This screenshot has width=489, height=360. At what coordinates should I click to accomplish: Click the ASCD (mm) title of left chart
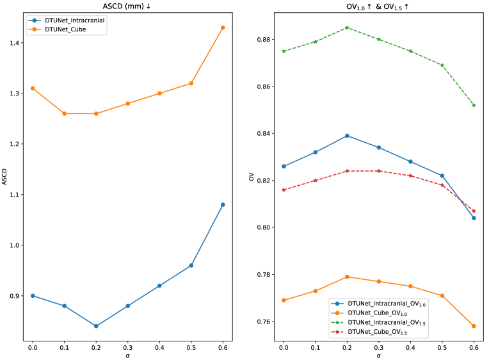tap(127, 6)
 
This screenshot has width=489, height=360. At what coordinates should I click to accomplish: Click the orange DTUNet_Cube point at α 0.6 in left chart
tap(223, 28)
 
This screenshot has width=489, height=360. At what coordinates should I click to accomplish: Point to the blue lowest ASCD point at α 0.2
tap(96, 326)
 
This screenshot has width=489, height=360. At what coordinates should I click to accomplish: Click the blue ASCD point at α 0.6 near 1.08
tap(223, 204)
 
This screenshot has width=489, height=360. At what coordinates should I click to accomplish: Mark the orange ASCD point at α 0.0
tap(33, 88)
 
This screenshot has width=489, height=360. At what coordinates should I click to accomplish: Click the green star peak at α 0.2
tap(347, 28)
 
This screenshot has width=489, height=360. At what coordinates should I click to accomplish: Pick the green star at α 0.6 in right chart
tap(474, 105)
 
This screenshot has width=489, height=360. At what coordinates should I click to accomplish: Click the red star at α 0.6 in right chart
tap(474, 211)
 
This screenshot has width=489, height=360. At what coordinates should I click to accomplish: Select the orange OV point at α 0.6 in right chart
tap(474, 326)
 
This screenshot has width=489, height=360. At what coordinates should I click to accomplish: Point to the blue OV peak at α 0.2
tap(347, 136)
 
